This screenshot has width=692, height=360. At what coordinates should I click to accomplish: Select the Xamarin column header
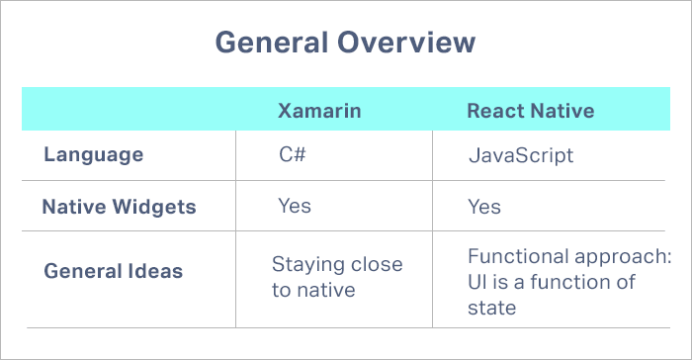click(x=318, y=110)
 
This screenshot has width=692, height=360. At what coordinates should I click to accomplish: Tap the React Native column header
click(x=530, y=110)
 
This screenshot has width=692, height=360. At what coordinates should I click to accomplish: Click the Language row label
click(x=94, y=155)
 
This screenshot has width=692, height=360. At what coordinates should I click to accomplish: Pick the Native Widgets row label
click(x=119, y=208)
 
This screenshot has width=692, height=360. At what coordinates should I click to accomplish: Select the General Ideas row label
click(x=114, y=271)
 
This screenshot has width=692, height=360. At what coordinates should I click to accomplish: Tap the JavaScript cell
click(x=521, y=156)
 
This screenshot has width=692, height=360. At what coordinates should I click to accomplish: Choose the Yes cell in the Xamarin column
click(x=295, y=206)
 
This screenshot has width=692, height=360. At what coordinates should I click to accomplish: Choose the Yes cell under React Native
click(x=484, y=208)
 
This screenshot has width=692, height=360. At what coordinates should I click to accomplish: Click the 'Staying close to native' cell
click(x=337, y=277)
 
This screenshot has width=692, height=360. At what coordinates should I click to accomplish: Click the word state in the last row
click(x=491, y=308)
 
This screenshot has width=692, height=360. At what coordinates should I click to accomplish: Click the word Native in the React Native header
click(x=562, y=110)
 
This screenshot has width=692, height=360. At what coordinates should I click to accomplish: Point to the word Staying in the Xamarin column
click(x=303, y=265)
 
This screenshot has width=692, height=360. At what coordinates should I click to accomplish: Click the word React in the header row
click(x=494, y=110)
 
